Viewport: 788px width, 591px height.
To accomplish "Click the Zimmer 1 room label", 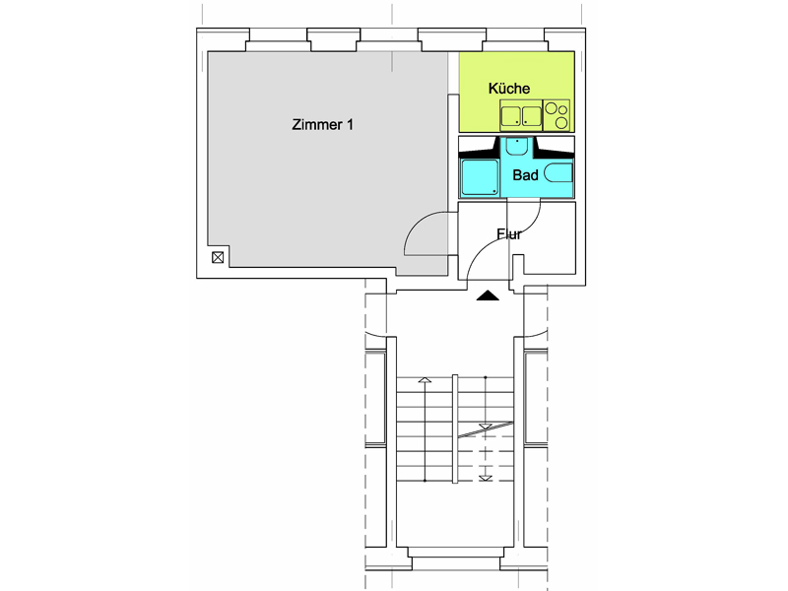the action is click(323, 124).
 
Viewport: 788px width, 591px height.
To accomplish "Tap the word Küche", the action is click(509, 89).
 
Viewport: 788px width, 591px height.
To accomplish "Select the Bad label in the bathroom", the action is click(525, 175).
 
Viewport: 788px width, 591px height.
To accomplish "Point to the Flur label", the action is click(509, 233).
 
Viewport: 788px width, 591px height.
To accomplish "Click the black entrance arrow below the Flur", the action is click(488, 295).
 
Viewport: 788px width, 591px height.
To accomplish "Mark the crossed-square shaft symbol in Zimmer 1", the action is click(218, 258).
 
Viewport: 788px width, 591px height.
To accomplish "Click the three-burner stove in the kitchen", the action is click(557, 115).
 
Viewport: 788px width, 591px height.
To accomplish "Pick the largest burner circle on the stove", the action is click(552, 108).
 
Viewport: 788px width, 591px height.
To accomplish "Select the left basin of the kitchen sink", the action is click(510, 116).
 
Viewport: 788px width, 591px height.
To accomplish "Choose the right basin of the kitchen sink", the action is click(531, 116).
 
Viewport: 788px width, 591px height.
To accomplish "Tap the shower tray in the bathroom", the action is click(480, 177).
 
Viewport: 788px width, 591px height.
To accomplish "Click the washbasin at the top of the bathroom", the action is click(516, 146).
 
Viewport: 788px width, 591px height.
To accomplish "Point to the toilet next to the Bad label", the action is click(558, 173).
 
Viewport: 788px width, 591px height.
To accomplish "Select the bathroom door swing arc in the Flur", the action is click(531, 223).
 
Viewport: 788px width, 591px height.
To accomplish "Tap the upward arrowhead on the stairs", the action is click(425, 380).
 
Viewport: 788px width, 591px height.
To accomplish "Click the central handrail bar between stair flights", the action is click(455, 428).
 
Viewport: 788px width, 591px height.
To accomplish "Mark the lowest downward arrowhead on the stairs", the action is click(485, 478).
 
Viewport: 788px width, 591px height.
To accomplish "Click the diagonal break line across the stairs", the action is click(486, 429).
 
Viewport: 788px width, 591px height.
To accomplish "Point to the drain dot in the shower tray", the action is click(494, 191).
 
